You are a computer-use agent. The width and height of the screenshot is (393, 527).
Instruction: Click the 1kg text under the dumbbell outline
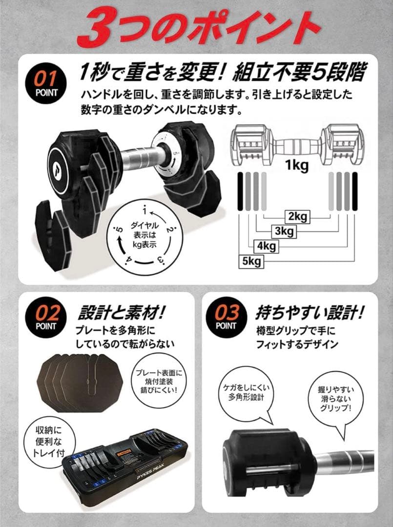(297, 166)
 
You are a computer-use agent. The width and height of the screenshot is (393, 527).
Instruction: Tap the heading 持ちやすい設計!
(310, 312)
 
